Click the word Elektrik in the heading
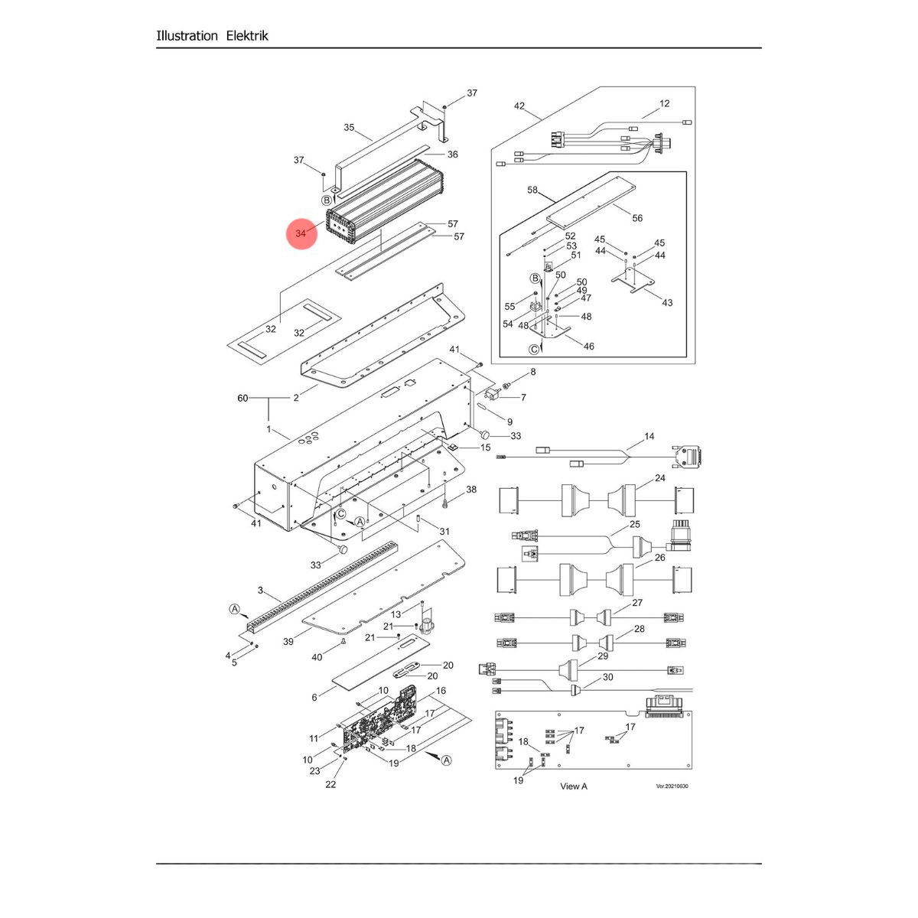pyautogui.click(x=247, y=35)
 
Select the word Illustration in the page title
pyautogui.click(x=187, y=35)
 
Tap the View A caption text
pyautogui.click(x=574, y=786)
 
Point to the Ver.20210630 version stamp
pyautogui.click(x=672, y=786)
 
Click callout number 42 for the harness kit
pyautogui.click(x=519, y=106)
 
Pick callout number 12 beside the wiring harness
pyautogui.click(x=664, y=103)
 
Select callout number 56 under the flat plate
pyautogui.click(x=637, y=218)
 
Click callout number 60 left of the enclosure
pyautogui.click(x=243, y=398)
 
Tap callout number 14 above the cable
pyautogui.click(x=649, y=437)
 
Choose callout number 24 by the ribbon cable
pyautogui.click(x=659, y=478)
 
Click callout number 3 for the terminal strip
pyautogui.click(x=260, y=591)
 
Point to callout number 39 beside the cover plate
pyautogui.click(x=288, y=642)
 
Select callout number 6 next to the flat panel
pyautogui.click(x=314, y=697)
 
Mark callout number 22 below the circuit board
pyautogui.click(x=330, y=784)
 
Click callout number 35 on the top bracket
pyautogui.click(x=349, y=128)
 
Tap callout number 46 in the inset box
pyautogui.click(x=588, y=347)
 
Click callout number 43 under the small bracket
pyautogui.click(x=667, y=303)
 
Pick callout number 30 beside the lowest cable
pyautogui.click(x=608, y=677)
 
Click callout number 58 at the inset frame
pyautogui.click(x=532, y=190)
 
